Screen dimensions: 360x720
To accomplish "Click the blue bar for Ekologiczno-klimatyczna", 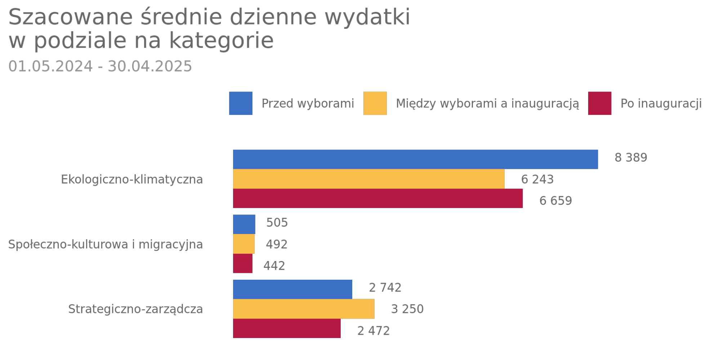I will click(x=415, y=159).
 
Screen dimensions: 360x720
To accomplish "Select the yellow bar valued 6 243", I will click(x=368, y=179).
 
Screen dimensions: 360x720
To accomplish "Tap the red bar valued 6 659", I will click(x=377, y=198).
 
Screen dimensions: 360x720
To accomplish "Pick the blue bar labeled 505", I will click(x=244, y=224).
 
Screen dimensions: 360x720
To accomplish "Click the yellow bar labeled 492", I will click(x=243, y=244).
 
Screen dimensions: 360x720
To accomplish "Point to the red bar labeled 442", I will click(x=242, y=264).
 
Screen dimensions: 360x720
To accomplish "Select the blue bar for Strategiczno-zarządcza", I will click(x=292, y=289).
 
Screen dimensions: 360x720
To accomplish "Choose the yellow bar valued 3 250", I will click(x=304, y=309).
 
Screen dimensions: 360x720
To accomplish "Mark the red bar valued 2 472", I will click(x=287, y=328).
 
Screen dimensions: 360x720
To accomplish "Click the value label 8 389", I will click(x=631, y=158).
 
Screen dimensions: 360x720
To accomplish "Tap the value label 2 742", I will click(x=385, y=288).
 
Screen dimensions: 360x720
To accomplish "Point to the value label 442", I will click(x=274, y=266).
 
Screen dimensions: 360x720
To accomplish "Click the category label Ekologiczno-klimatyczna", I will click(x=132, y=179).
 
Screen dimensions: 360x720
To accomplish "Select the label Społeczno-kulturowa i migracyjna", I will click(x=106, y=244).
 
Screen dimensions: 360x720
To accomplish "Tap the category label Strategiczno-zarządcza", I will click(x=135, y=309).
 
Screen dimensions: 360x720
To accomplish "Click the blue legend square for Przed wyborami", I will click(x=241, y=103).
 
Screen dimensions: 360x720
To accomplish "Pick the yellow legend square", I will click(x=375, y=103).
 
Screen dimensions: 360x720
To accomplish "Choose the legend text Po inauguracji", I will click(x=661, y=104).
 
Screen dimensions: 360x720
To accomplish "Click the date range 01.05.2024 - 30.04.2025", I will click(x=100, y=66).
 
